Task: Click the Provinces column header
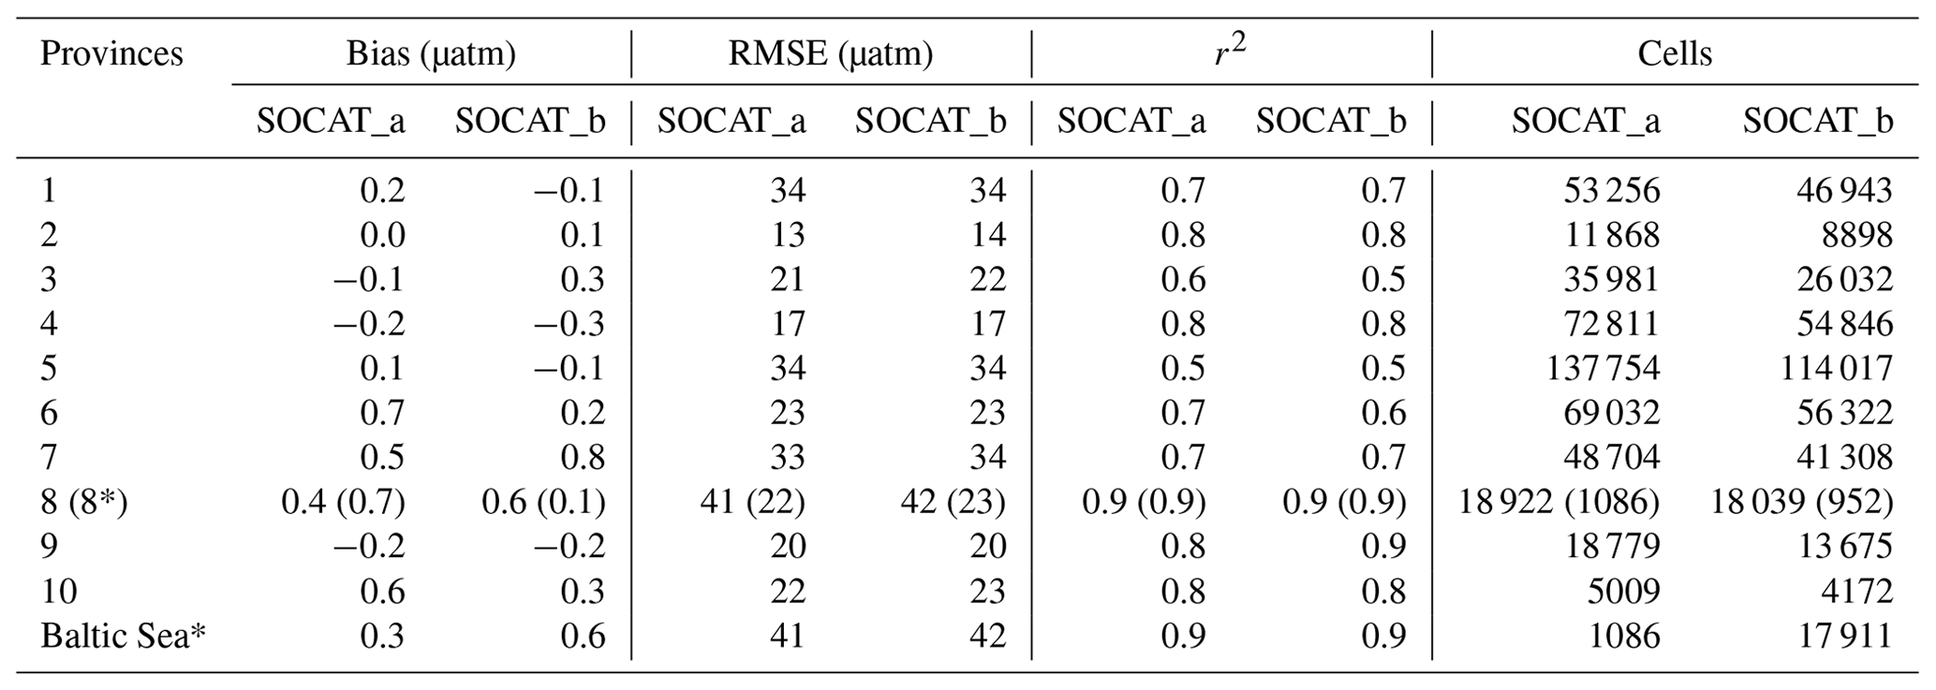coord(111,53)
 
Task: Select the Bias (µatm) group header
coord(431,53)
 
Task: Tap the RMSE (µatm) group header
coord(831,53)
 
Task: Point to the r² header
coord(1231,53)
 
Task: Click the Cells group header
coord(1675,53)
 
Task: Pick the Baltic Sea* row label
coord(123,636)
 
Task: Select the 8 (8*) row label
coord(84,502)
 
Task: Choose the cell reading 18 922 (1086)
coord(1559,502)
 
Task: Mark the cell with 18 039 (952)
coord(1801,502)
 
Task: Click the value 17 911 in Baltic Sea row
coord(1843,636)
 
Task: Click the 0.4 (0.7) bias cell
coord(343,502)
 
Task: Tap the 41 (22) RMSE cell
coord(752,502)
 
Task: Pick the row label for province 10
coord(58,591)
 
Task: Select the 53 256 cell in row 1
coord(1611,190)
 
